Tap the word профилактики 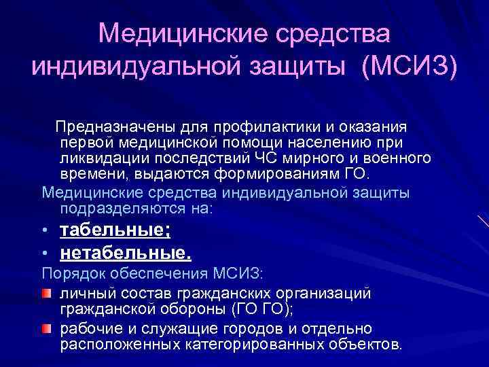258,128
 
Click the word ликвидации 96,158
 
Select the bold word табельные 114,230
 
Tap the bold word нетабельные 125,254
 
